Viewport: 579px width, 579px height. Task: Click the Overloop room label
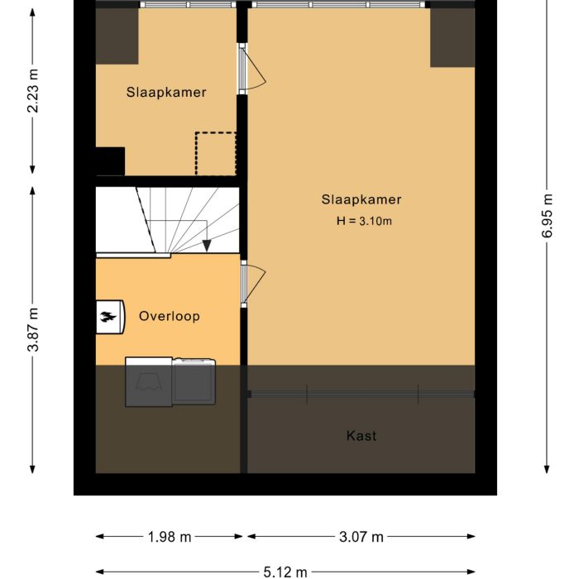click(x=169, y=316)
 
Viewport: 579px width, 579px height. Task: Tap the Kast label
click(x=361, y=435)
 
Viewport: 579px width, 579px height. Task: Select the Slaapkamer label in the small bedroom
click(x=166, y=93)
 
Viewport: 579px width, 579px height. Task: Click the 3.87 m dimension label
click(x=32, y=329)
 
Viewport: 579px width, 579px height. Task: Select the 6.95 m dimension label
click(x=546, y=217)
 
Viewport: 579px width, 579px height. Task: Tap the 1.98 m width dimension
click(x=169, y=537)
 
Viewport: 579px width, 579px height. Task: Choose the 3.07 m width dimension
click(x=361, y=537)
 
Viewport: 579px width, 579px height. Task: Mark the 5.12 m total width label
click(x=285, y=572)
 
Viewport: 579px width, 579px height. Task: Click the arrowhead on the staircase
click(x=206, y=245)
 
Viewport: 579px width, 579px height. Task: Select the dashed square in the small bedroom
click(x=215, y=153)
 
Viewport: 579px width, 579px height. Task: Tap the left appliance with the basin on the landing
click(x=149, y=382)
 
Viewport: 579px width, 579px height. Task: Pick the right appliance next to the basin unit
click(x=194, y=382)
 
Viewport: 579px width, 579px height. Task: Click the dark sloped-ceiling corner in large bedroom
click(x=452, y=38)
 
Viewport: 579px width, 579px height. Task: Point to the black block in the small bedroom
click(x=109, y=161)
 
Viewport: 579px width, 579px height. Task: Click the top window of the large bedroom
click(x=339, y=5)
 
